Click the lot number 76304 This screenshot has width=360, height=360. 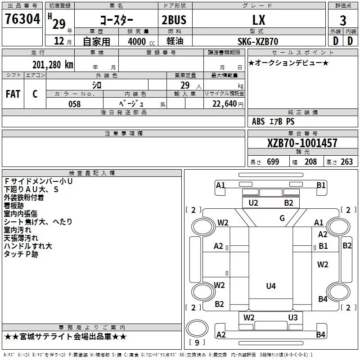pyautogui.click(x=22, y=19)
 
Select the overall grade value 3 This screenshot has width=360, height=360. pyautogui.click(x=343, y=21)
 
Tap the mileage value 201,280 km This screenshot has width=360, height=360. pyautogui.click(x=53, y=65)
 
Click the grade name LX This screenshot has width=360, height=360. pyautogui.click(x=259, y=20)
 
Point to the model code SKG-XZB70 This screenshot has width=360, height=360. pyautogui.click(x=258, y=41)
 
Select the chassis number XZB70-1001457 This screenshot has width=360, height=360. pyautogui.click(x=302, y=143)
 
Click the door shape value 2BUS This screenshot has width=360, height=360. pyautogui.click(x=174, y=20)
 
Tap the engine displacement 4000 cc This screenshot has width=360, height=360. pyautogui.click(x=141, y=41)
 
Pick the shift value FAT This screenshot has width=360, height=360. pyautogui.click(x=13, y=94)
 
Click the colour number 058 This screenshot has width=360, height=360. pyautogui.click(x=75, y=104)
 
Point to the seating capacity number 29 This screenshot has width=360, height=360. pyautogui.click(x=185, y=85)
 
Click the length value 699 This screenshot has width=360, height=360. pyautogui.click(x=273, y=162)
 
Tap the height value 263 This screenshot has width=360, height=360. pyautogui.click(x=346, y=162)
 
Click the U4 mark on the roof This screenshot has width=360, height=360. pyautogui.click(x=271, y=286)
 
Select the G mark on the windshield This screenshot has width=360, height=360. pyautogui.click(x=282, y=218)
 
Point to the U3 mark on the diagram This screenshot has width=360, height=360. pyautogui.click(x=293, y=318)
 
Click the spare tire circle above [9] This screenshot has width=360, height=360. pyautogui.click(x=197, y=329)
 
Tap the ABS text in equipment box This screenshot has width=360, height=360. pyautogui.click(x=258, y=121)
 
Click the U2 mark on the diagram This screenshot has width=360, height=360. pyautogui.click(x=253, y=203)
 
